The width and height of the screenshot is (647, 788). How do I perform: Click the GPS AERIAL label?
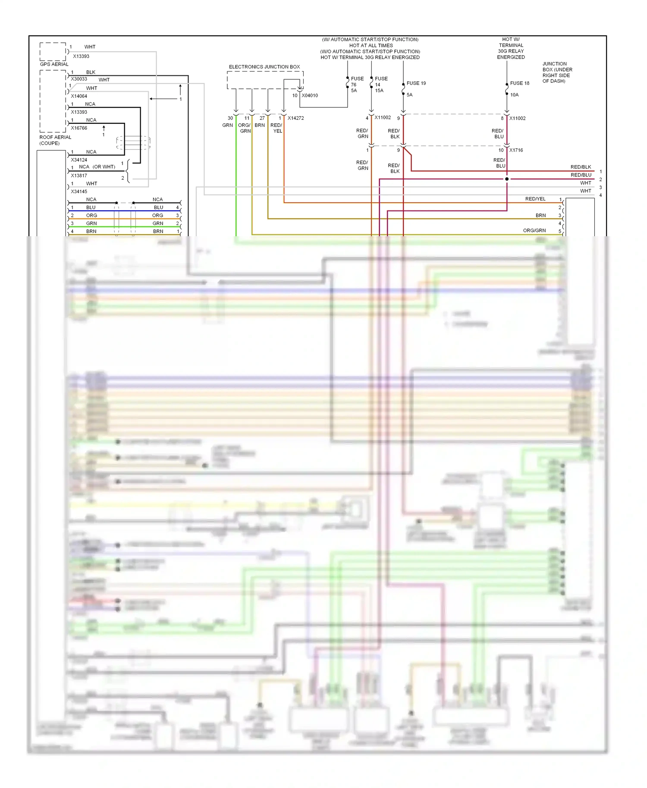coord(54,64)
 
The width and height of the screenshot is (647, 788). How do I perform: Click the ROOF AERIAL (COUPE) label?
coord(55,140)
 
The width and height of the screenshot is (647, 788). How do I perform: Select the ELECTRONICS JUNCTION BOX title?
coord(264,67)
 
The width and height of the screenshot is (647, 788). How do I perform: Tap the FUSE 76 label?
coord(357,82)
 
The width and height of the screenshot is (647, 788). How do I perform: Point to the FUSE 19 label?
coord(416,83)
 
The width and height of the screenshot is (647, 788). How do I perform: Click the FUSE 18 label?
coord(519,83)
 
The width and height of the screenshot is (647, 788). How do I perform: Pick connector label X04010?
coord(310,96)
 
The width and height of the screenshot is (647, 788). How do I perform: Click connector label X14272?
coord(295,118)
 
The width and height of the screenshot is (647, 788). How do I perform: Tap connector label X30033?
coord(79,79)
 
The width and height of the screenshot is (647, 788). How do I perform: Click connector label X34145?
coord(79,191)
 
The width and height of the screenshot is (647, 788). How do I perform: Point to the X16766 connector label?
coord(79,128)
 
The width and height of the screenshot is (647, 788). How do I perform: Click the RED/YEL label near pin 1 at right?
coord(535,199)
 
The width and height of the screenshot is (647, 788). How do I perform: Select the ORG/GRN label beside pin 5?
coord(534,231)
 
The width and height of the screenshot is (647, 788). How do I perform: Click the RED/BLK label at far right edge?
coord(581,167)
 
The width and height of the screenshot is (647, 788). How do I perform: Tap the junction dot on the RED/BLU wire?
coord(507,179)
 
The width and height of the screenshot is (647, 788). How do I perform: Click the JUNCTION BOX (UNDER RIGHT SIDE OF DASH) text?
coord(557,72)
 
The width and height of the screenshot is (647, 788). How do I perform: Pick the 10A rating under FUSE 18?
coord(514,95)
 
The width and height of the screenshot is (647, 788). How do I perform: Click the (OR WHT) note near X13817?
coord(104,167)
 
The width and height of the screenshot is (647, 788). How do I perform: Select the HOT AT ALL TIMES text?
coord(371,46)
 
